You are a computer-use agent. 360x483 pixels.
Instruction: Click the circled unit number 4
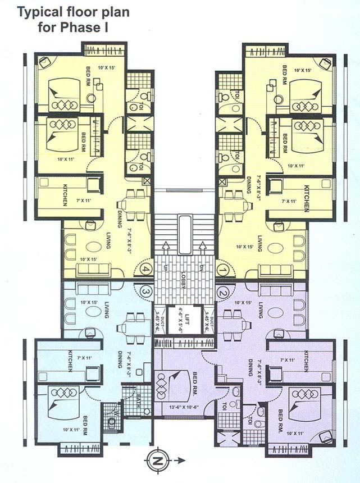[147, 269]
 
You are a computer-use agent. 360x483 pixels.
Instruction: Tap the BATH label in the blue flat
[138, 402]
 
